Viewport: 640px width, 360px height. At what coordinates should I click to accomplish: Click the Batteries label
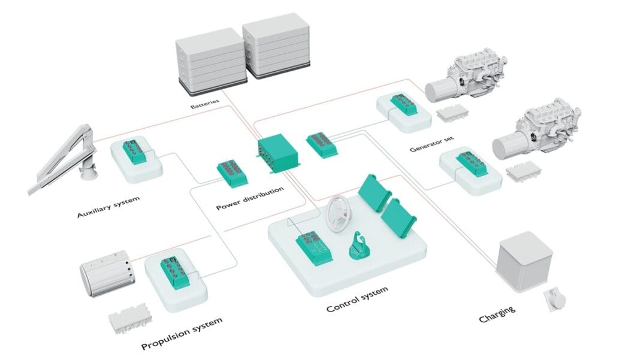(x=205, y=104)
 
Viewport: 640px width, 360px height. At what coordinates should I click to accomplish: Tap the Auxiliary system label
(x=108, y=207)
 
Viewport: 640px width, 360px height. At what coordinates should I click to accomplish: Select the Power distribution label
(x=250, y=198)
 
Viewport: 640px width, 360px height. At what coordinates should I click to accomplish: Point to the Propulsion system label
(x=182, y=334)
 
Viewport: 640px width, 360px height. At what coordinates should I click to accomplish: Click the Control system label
(x=357, y=299)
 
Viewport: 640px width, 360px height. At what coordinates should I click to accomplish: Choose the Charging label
(x=497, y=314)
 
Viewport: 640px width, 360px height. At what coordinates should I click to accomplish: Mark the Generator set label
(x=431, y=144)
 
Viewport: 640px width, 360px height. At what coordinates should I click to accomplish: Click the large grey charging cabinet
(x=525, y=261)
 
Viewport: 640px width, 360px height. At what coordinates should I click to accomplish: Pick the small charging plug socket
(x=554, y=300)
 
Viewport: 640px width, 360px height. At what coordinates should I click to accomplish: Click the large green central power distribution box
(x=278, y=153)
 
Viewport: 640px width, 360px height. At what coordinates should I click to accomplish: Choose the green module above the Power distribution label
(x=232, y=173)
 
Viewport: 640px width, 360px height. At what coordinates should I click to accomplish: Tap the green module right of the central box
(x=322, y=145)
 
